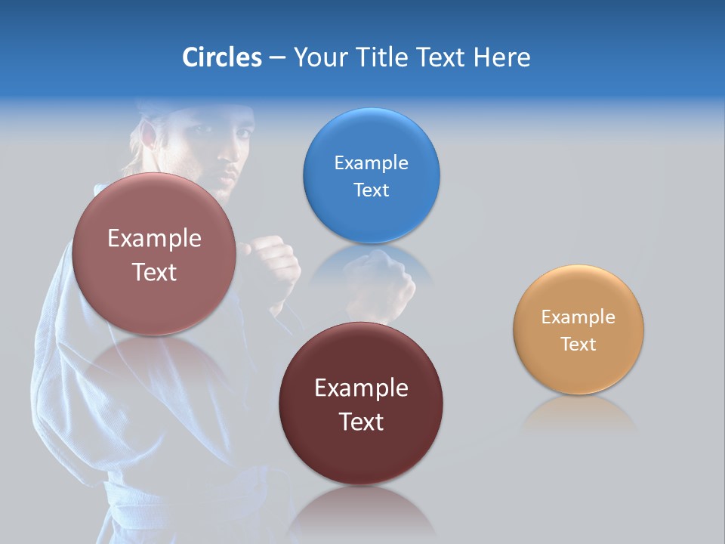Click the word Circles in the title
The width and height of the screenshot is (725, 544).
click(x=221, y=57)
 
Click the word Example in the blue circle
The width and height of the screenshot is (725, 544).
click(x=371, y=162)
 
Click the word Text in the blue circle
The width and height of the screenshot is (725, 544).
click(x=371, y=190)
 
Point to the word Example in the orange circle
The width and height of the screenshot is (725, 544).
click(x=578, y=317)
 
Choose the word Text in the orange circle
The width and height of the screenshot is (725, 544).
click(x=578, y=344)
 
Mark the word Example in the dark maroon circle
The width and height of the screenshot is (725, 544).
click(x=361, y=388)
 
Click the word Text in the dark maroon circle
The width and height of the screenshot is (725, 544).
click(x=361, y=421)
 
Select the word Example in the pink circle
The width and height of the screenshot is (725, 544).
click(x=154, y=238)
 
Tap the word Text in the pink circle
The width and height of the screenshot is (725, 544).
click(x=154, y=271)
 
